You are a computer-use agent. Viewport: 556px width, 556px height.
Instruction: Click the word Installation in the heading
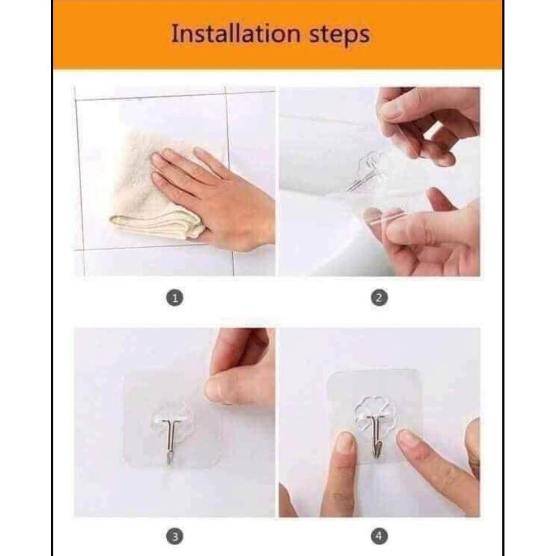[236, 34]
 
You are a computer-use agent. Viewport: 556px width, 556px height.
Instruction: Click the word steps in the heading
[340, 35]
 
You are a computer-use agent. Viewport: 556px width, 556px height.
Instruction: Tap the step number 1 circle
[175, 298]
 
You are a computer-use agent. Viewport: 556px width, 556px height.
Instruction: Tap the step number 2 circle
[379, 298]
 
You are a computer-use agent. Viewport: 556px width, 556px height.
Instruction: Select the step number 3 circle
[175, 536]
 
